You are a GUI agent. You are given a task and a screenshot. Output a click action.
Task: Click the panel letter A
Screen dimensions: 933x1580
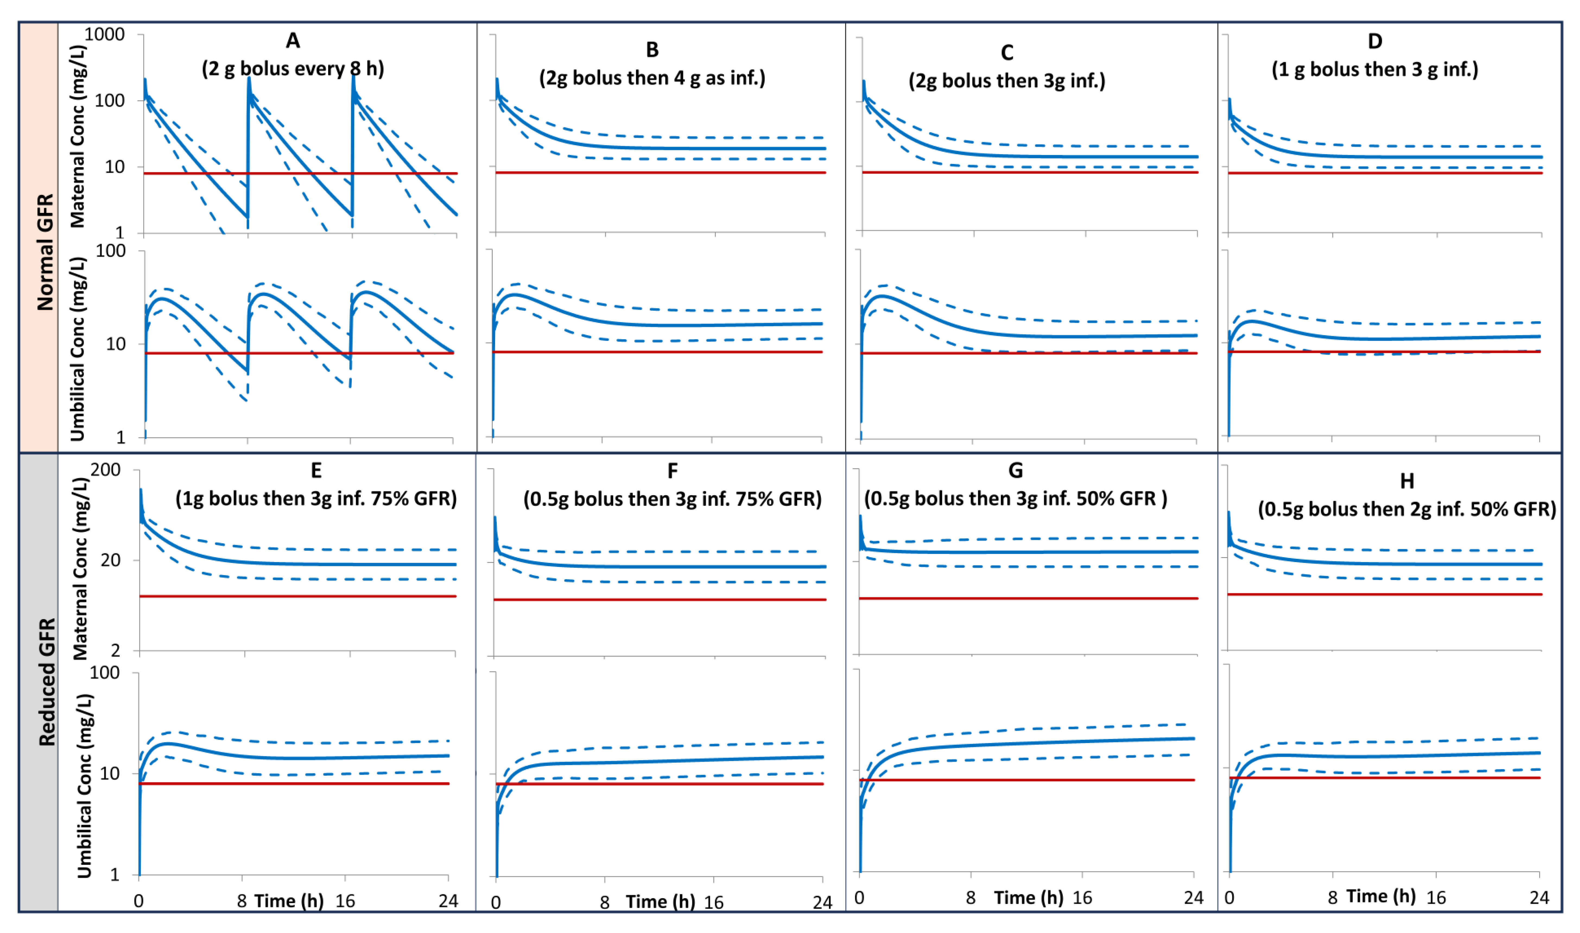coord(293,41)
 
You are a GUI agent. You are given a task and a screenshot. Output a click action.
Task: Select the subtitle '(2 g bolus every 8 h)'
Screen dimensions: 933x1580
coord(293,68)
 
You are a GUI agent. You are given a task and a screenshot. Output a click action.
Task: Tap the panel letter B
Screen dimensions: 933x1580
coord(652,50)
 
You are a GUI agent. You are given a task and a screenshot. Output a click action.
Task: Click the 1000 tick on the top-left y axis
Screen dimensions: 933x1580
coord(104,34)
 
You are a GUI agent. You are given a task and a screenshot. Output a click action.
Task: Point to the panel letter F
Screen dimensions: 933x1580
coord(673,471)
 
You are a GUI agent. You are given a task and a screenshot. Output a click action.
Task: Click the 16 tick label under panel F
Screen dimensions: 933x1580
coord(713,902)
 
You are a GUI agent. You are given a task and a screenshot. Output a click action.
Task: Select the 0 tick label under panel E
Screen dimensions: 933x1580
coord(139,901)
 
